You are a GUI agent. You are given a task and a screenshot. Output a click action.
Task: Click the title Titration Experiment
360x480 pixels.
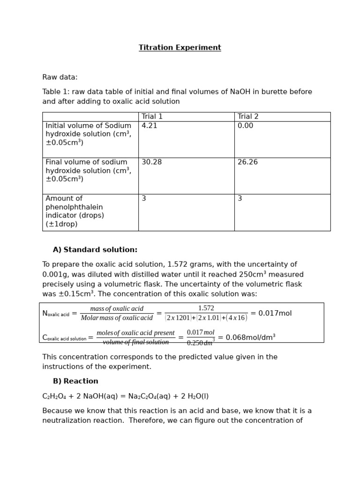coord(180,48)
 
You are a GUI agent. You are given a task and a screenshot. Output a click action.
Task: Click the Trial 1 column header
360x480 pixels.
coord(152,117)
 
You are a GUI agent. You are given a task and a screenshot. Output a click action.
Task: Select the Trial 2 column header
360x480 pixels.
coord(248,117)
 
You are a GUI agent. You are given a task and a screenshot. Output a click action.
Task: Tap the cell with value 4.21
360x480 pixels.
coord(149,126)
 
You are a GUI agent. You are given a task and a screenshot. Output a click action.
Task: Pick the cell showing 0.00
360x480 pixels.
coord(245,126)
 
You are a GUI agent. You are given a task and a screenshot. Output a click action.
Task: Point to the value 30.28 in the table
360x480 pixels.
coord(151,162)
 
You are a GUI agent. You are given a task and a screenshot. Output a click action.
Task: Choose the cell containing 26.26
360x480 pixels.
coord(247,162)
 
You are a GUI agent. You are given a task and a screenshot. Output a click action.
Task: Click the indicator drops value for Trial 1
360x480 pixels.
coord(144,199)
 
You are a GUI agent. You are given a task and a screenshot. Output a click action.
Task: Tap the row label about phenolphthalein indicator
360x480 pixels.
coord(75,211)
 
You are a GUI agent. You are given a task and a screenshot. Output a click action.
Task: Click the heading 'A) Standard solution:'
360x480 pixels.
coord(95,250)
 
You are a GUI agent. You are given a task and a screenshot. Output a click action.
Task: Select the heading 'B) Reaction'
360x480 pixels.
coord(75,381)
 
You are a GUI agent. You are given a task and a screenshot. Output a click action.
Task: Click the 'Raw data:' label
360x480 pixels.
coord(60,77)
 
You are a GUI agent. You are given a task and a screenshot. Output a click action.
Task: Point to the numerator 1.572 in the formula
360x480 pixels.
coord(206,308)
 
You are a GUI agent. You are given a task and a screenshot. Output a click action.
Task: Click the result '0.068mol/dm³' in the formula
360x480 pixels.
coord(247,337)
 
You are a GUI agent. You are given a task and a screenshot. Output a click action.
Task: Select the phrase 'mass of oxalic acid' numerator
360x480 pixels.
coord(117,308)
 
